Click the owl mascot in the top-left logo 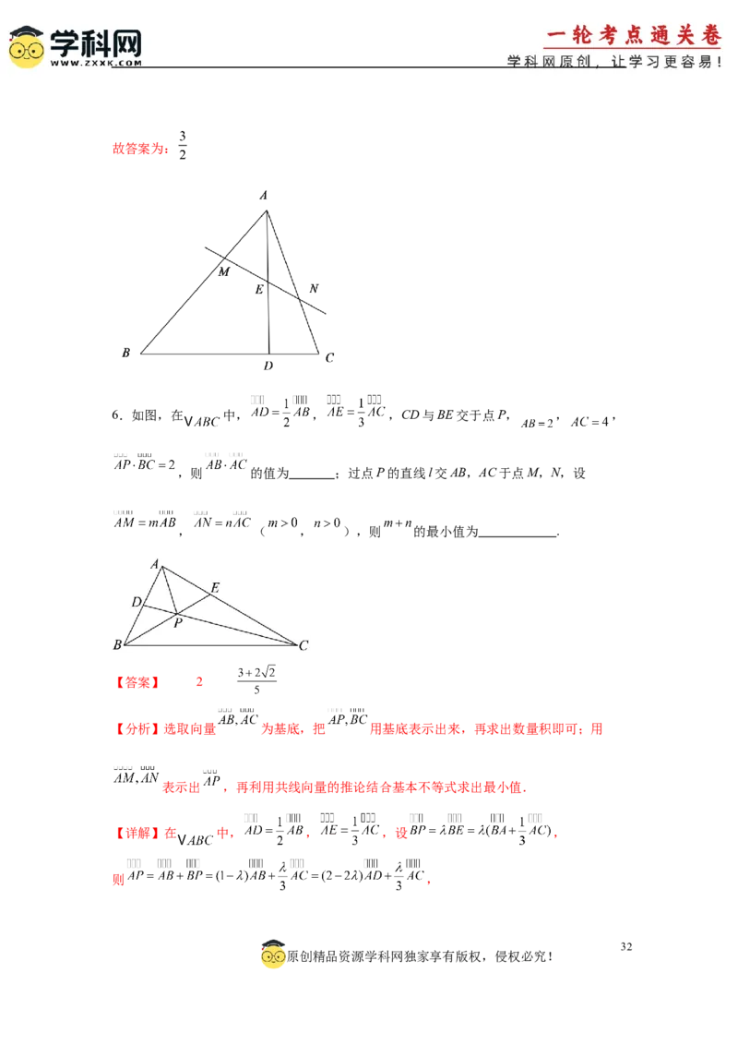27,46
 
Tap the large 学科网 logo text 96,41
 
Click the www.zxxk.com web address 96,64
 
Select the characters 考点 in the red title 620,35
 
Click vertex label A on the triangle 155,563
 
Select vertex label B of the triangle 117,645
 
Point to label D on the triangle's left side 136,603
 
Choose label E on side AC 215,588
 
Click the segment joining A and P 169,590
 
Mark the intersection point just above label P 175,612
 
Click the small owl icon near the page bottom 273,956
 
